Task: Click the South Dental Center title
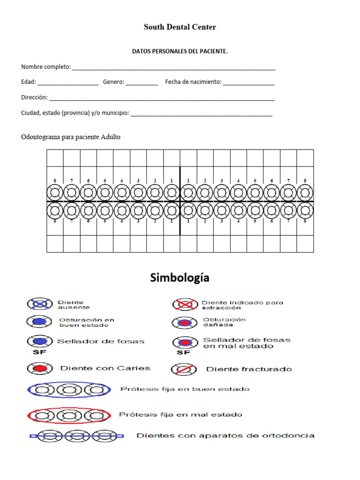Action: click(180, 27)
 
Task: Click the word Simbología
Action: click(180, 278)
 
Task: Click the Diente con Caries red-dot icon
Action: click(39, 368)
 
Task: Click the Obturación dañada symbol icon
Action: click(184, 322)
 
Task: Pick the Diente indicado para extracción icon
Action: click(184, 305)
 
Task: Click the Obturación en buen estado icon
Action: click(39, 322)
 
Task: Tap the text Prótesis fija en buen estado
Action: click(185, 389)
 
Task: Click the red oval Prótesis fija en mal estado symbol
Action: click(69, 415)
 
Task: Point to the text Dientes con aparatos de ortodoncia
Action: click(225, 436)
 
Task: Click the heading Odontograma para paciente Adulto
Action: click(71, 137)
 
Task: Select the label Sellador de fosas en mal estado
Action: click(247, 343)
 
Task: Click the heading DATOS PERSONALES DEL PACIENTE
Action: click(180, 52)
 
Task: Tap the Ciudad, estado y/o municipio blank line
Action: click(202, 114)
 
